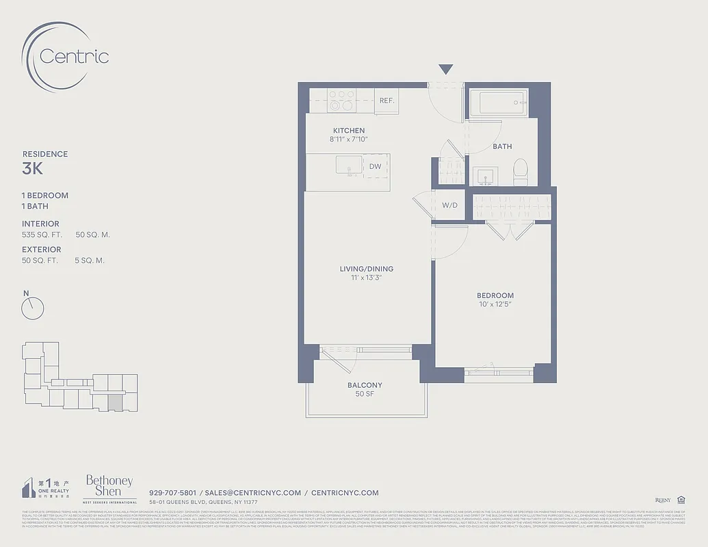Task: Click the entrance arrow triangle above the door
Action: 446,69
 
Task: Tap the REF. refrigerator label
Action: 386,101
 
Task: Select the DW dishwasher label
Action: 375,166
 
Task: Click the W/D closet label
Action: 449,205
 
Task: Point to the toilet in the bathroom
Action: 521,173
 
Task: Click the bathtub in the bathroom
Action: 499,103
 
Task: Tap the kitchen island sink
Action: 349,165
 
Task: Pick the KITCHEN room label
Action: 349,131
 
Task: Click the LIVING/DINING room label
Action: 367,269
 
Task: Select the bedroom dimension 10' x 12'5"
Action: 495,304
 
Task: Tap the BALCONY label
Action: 365,385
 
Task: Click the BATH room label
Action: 502,146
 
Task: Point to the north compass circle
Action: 32,308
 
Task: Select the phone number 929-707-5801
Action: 172,492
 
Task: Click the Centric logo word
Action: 74,56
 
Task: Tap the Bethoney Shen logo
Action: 109,485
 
